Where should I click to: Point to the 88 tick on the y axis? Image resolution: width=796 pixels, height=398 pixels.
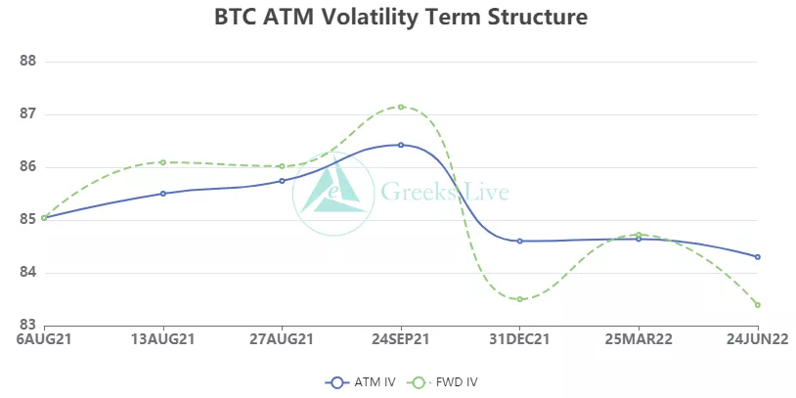point(27,61)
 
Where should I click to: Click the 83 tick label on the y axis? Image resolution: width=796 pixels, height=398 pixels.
point(27,325)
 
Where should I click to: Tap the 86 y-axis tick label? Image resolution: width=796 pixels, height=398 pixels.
point(27,166)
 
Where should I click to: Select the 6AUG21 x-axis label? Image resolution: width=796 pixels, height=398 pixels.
point(45,340)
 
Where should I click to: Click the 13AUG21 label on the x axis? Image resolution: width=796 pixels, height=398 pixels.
point(163,340)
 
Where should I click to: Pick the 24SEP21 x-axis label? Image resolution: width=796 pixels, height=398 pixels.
point(401,340)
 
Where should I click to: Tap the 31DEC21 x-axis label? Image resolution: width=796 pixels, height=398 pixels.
point(519,340)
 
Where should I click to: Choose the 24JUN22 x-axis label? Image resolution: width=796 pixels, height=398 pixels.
point(756,340)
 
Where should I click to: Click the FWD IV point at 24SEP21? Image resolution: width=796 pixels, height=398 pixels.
point(401,107)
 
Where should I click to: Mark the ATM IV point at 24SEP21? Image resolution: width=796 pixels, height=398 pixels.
point(401,145)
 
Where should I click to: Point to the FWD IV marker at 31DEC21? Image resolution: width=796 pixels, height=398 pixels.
point(520,299)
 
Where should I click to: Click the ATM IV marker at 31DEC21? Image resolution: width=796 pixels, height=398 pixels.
point(520,241)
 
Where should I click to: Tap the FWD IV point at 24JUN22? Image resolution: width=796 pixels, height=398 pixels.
point(758,305)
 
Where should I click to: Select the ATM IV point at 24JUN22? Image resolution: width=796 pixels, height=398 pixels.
point(758,257)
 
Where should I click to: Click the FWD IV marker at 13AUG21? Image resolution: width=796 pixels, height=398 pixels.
point(163,162)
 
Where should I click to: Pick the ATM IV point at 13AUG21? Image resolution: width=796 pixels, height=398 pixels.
point(163,194)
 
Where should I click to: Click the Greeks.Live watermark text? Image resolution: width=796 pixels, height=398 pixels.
point(444,192)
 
